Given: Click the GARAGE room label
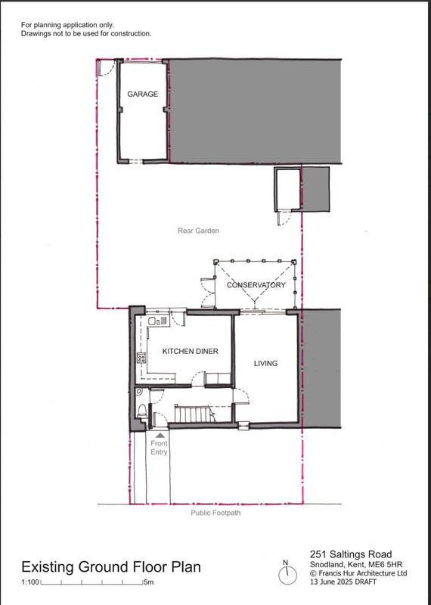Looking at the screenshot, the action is click(142, 94).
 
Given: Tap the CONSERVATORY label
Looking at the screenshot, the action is click(256, 285).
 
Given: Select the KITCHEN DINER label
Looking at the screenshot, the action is click(191, 351).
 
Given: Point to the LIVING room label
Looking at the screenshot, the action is click(265, 363).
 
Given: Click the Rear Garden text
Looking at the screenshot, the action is click(198, 231).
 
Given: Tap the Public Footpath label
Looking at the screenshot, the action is click(215, 513).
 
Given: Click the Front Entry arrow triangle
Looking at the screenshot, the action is click(160, 436).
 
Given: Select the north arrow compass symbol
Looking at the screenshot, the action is click(287, 573).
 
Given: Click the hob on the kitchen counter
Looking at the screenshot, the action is click(141, 358).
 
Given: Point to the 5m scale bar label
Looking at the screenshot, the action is click(149, 582).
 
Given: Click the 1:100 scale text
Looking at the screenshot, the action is click(30, 582).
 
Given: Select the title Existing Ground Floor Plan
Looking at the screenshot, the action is click(111, 566).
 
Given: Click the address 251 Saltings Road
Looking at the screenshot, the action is click(351, 554).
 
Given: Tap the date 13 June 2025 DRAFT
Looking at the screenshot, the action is click(343, 582).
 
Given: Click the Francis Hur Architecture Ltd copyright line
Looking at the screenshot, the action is click(358, 573).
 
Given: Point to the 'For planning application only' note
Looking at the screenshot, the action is click(67, 25).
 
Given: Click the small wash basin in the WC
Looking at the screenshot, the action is click(139, 392).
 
